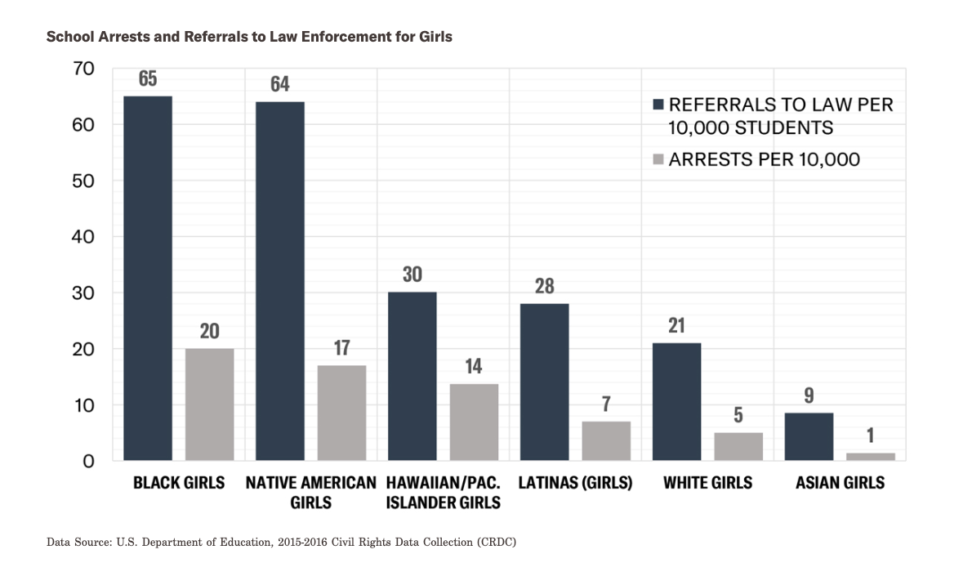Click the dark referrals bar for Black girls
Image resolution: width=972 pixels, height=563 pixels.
point(148,278)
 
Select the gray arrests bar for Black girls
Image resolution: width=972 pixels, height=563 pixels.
point(210,404)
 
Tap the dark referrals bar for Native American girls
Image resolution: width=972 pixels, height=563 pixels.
point(280,281)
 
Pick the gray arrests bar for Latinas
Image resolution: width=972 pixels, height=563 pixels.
point(606,440)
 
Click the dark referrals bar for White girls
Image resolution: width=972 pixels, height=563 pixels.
point(676,401)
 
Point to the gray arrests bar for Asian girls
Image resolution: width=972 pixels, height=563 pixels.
point(871,456)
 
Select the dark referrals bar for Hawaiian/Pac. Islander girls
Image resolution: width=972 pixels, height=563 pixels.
point(412,376)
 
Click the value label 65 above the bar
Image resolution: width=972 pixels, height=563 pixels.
point(148,79)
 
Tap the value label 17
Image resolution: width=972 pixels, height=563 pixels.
point(342,347)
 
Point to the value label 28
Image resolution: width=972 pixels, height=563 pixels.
point(544,285)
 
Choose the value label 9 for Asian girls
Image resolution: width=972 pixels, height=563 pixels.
point(809,395)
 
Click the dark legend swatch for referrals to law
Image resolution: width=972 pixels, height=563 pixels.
point(658,105)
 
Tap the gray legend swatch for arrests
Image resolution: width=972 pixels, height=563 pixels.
point(658,160)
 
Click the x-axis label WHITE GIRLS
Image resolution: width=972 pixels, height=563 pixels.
point(707,483)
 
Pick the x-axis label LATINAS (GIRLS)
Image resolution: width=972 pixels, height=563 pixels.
point(575,483)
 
